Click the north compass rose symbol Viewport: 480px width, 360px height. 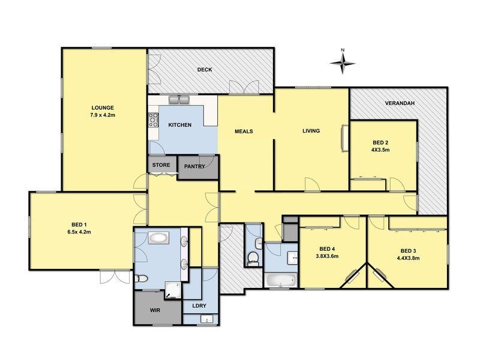343,61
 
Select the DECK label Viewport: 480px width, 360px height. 205,70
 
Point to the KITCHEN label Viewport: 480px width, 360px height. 179,125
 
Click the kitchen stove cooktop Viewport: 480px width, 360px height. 153,121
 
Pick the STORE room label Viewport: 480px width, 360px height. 161,164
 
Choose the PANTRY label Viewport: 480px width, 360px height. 194,166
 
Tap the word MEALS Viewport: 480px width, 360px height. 243,131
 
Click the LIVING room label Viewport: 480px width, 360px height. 311,131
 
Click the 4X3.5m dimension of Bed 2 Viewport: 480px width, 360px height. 380,150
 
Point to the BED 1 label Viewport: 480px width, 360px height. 80,224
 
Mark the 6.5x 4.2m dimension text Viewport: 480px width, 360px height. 80,232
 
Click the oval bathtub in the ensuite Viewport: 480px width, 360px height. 158,238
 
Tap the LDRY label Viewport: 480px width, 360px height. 199,306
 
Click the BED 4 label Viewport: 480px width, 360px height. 327,249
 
